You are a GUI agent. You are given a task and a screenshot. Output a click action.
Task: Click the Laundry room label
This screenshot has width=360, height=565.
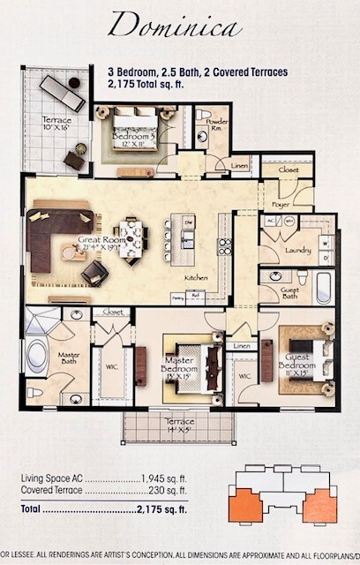pyautogui.click(x=297, y=251)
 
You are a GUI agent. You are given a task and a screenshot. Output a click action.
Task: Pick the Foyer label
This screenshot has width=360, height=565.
pyautogui.click(x=281, y=202)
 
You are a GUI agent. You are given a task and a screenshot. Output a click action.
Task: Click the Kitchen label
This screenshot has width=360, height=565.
pyautogui.click(x=195, y=278)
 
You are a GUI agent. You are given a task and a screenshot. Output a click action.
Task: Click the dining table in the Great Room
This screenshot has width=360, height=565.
pyautogui.click(x=131, y=236)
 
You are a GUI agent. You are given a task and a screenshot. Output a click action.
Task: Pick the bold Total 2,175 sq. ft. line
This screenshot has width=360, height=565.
pyautogui.click(x=104, y=509)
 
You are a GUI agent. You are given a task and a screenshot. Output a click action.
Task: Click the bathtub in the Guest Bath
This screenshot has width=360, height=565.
pyautogui.click(x=323, y=283)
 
